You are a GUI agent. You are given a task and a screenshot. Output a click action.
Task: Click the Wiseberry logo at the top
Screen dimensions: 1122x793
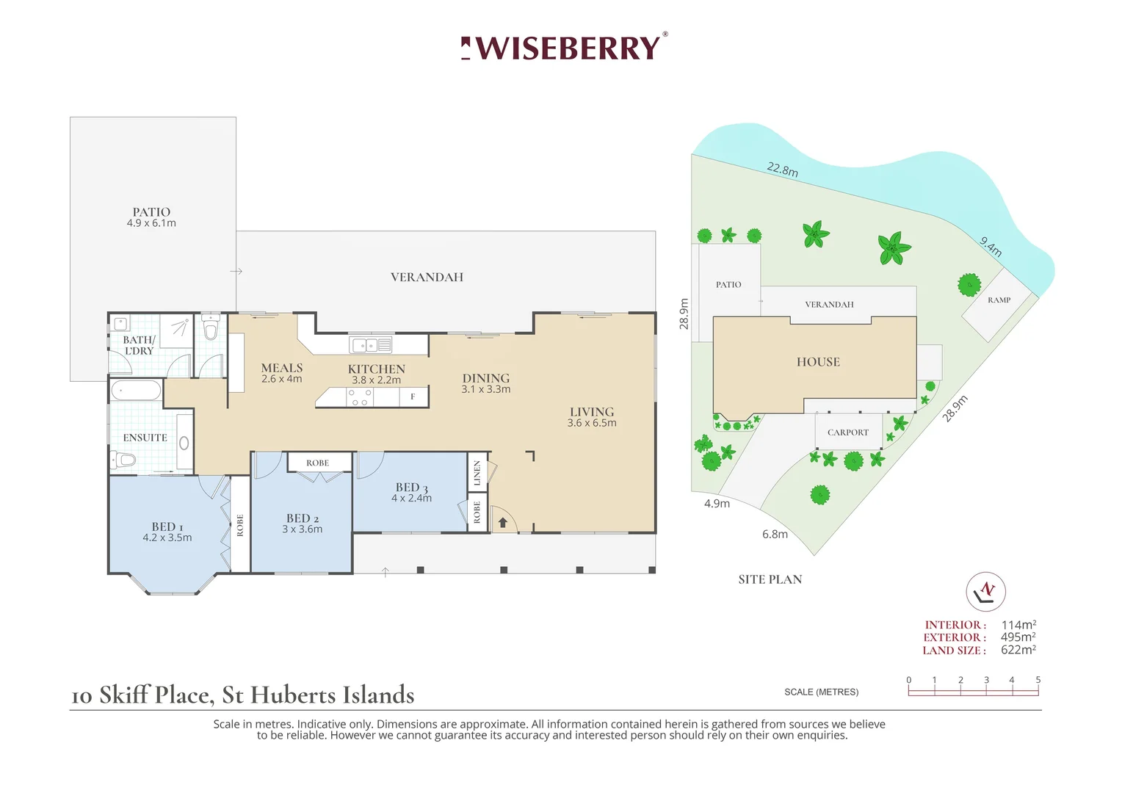pyautogui.click(x=564, y=48)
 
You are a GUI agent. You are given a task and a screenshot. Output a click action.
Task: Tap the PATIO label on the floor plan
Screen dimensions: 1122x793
pyautogui.click(x=151, y=212)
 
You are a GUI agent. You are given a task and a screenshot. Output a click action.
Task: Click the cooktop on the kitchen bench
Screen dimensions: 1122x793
pyautogui.click(x=360, y=398)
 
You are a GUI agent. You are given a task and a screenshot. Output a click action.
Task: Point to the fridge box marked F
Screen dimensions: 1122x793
pyautogui.click(x=413, y=396)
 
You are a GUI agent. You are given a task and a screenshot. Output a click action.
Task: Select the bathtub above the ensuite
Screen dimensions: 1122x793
pyautogui.click(x=136, y=390)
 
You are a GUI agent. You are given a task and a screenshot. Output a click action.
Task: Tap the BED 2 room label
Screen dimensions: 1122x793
pyautogui.click(x=303, y=518)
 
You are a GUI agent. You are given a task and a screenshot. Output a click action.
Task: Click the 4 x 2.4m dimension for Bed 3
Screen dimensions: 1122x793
pyautogui.click(x=411, y=499)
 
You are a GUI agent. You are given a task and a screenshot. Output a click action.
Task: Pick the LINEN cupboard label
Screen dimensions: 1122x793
pyautogui.click(x=477, y=473)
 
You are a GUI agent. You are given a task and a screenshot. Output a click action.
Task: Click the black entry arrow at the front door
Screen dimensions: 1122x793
pyautogui.click(x=503, y=522)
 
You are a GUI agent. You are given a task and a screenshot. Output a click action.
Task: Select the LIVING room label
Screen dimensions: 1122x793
pyautogui.click(x=592, y=412)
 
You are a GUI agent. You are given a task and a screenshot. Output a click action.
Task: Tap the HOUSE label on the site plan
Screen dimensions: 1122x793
pyautogui.click(x=818, y=362)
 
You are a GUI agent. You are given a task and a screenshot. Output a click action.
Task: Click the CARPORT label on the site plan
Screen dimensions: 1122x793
pyautogui.click(x=848, y=432)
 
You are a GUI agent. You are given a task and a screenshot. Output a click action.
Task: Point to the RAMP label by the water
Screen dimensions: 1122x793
pyautogui.click(x=999, y=300)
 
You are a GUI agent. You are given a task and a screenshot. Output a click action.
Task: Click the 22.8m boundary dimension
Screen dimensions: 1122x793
pyautogui.click(x=782, y=170)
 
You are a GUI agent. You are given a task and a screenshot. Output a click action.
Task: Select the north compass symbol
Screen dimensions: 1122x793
pyautogui.click(x=985, y=591)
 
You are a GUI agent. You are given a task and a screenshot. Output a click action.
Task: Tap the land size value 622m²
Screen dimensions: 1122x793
pyautogui.click(x=1018, y=650)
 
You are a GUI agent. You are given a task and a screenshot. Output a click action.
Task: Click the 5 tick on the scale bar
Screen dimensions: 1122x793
pyautogui.click(x=1038, y=681)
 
